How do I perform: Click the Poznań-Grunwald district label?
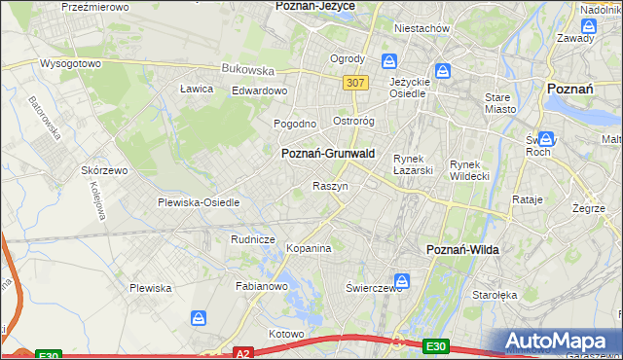click(328, 154)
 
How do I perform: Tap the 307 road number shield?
click(354, 83)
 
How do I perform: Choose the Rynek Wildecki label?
click(472, 170)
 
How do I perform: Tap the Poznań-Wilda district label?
click(463, 250)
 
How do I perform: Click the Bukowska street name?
click(248, 70)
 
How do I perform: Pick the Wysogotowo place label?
click(70, 63)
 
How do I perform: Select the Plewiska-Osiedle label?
click(199, 202)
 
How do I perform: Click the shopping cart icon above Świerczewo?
click(402, 282)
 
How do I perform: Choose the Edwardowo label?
click(259, 90)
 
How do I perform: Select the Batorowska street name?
click(45, 116)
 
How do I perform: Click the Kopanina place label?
click(309, 248)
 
